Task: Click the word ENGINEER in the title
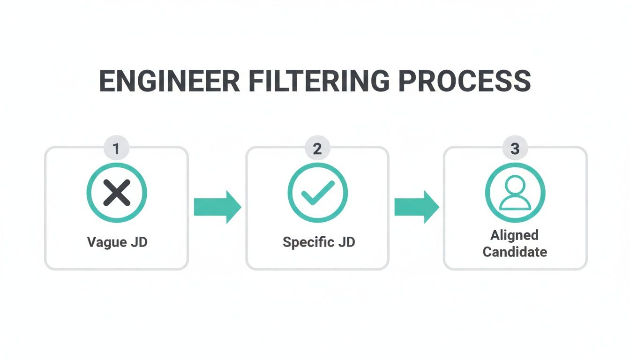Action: pyautogui.click(x=170, y=81)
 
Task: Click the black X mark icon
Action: pyautogui.click(x=117, y=193)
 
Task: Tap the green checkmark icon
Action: pyautogui.click(x=318, y=192)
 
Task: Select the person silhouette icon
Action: pyautogui.click(x=515, y=193)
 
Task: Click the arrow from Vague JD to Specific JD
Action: pyautogui.click(x=217, y=207)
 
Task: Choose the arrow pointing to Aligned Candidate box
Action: pyautogui.click(x=416, y=207)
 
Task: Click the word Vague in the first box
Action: pyautogui.click(x=107, y=242)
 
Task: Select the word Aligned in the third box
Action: pyautogui.click(x=515, y=235)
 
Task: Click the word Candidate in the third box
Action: pyautogui.click(x=515, y=252)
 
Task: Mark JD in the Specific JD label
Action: pyautogui.click(x=346, y=242)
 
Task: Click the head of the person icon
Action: pyautogui.click(x=515, y=185)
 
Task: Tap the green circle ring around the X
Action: pyautogui.click(x=89, y=193)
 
